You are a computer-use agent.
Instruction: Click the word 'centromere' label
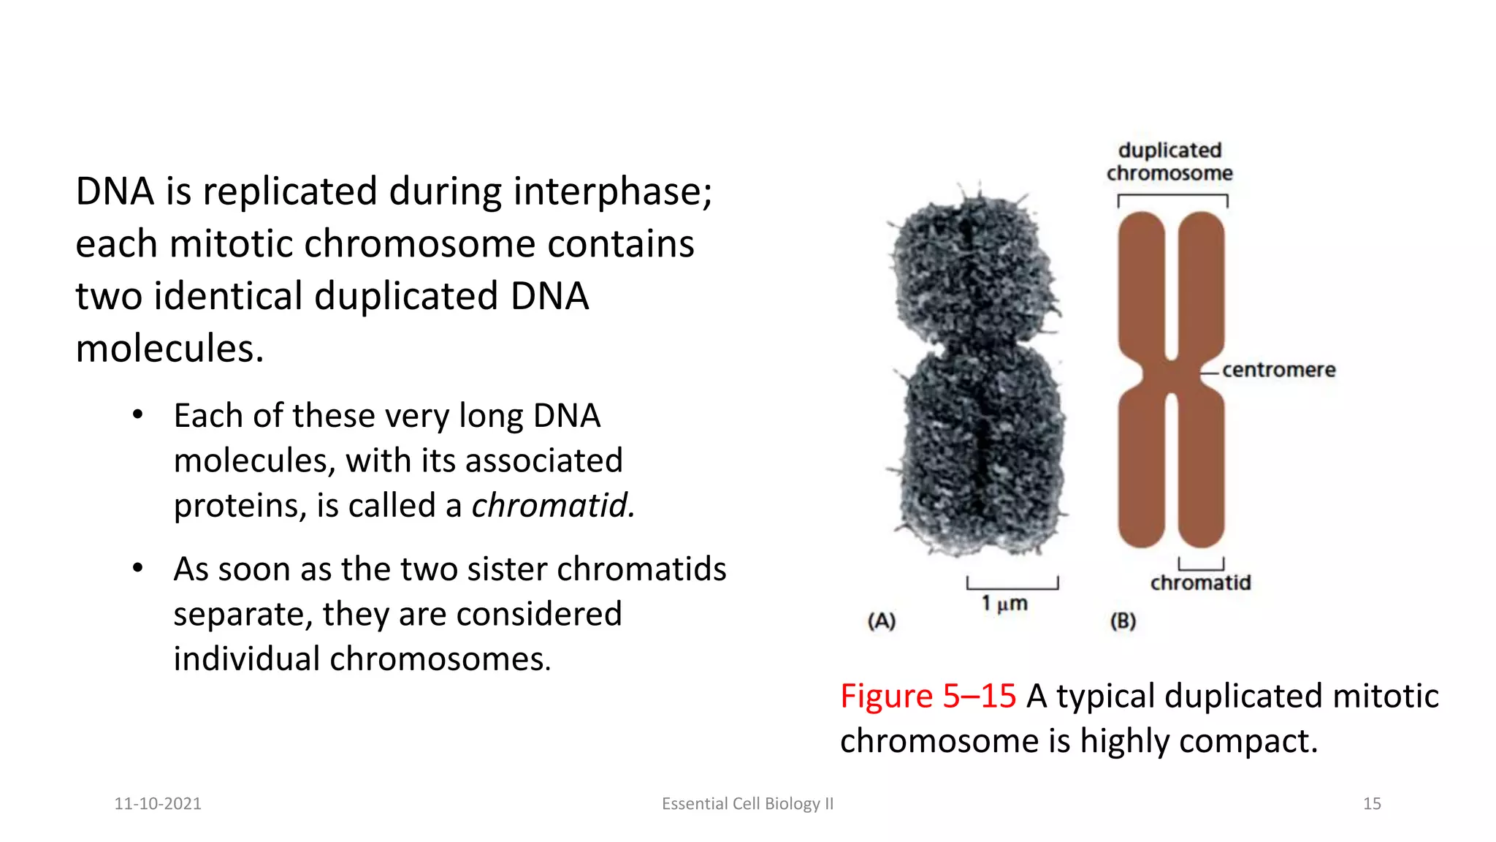pos(1278,370)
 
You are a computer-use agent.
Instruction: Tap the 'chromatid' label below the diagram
pos(1200,583)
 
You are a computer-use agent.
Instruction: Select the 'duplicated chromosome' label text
pos(1169,162)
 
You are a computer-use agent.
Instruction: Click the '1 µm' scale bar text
pos(1004,604)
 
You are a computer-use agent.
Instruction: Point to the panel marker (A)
pos(881,621)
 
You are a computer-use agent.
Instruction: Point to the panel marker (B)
pos(1123,621)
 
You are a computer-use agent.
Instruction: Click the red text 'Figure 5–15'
pos(928,696)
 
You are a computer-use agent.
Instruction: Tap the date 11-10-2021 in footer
pos(158,803)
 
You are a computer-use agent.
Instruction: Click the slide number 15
pos(1372,803)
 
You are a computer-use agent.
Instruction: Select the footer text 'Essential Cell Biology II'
pos(747,803)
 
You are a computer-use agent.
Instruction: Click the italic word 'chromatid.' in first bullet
pos(553,506)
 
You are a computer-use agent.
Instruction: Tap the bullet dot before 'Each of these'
pos(137,415)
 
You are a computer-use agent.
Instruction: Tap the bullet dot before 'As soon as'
pos(137,569)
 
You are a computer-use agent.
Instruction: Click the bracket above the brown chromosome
pos(1172,196)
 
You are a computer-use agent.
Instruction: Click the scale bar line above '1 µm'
pos(1012,587)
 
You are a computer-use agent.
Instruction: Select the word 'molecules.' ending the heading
pos(169,349)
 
